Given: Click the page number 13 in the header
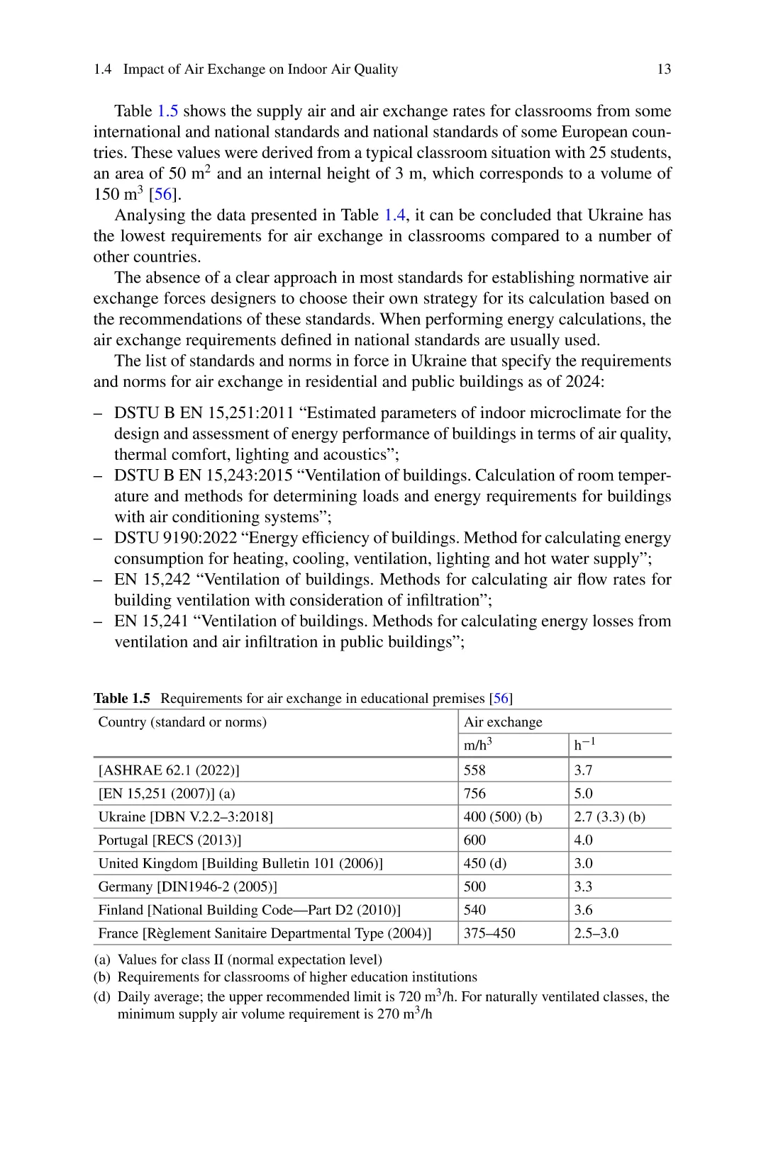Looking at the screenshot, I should (x=664, y=69).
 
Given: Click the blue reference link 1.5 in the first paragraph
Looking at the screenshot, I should (x=167, y=111).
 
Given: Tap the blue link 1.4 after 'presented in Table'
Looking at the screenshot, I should (x=395, y=215).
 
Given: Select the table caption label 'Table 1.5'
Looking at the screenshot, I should (x=122, y=699).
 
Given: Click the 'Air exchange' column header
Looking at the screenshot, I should (x=503, y=722).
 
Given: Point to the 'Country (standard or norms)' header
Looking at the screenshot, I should (x=182, y=722).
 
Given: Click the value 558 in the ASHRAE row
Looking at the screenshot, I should (x=474, y=770).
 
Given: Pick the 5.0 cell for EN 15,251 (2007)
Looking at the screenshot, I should (x=583, y=794).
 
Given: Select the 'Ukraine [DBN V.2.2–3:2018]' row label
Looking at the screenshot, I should (x=186, y=817).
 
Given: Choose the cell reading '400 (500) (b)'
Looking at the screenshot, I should (x=503, y=817).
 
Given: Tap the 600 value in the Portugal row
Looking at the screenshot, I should (x=474, y=840).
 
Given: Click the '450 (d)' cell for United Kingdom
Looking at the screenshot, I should (x=485, y=864).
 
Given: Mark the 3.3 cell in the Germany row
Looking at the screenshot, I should (x=583, y=887).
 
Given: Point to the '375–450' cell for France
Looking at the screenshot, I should (x=489, y=934).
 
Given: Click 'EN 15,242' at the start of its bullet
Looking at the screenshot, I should (x=152, y=580).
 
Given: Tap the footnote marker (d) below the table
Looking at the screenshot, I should (x=102, y=997).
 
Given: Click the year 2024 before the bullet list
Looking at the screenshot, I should (x=582, y=382).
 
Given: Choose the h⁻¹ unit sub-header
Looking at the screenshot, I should (x=584, y=745).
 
